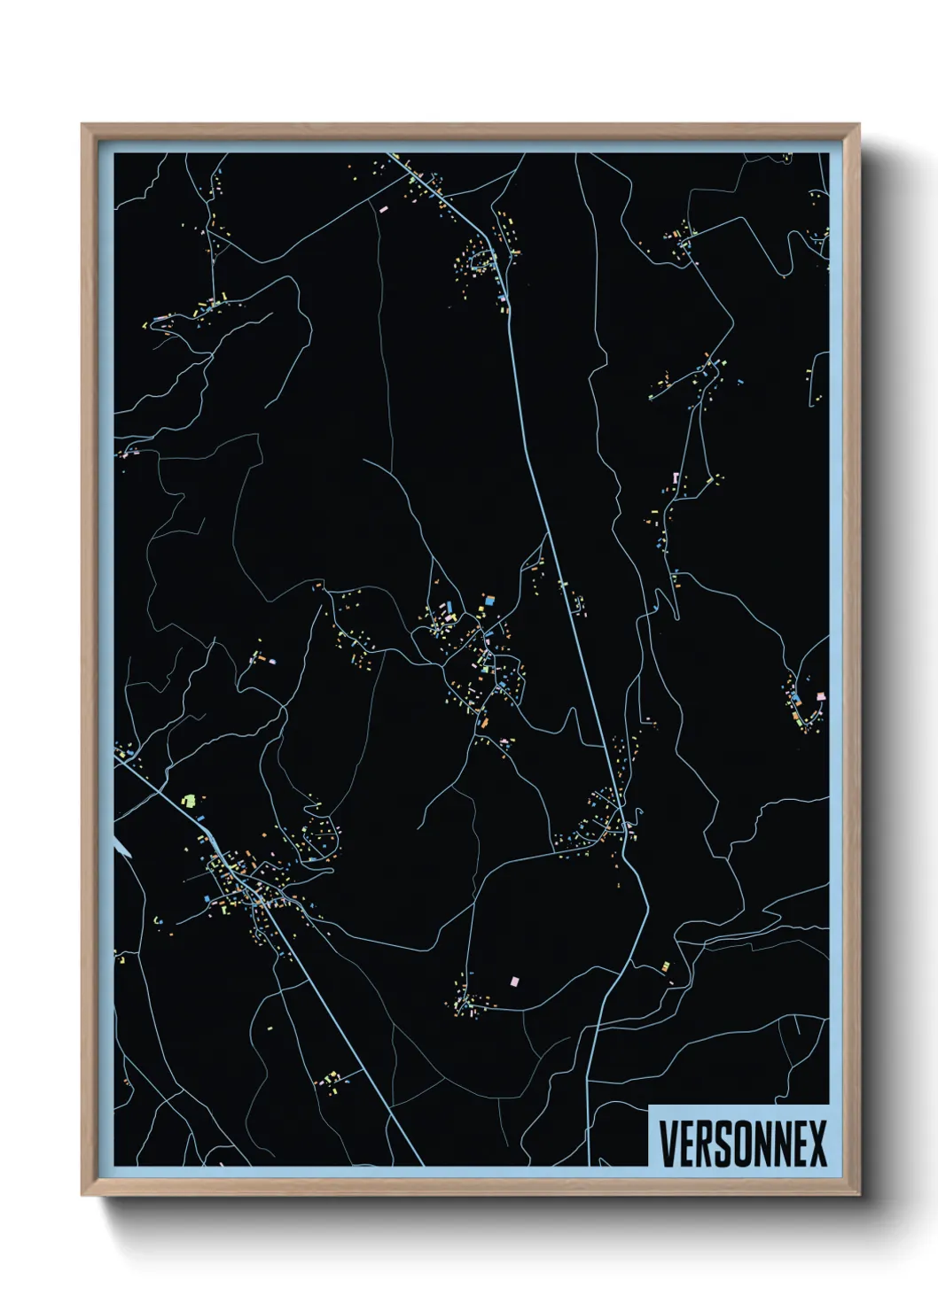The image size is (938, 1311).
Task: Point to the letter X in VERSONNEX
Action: click(817, 1144)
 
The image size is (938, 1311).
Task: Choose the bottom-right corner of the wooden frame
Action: click(859, 1193)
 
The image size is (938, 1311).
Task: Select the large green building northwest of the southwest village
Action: click(188, 800)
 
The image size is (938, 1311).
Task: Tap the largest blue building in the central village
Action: click(488, 601)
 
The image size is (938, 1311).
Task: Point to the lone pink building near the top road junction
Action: click(383, 209)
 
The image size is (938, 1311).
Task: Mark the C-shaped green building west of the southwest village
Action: click(158, 920)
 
